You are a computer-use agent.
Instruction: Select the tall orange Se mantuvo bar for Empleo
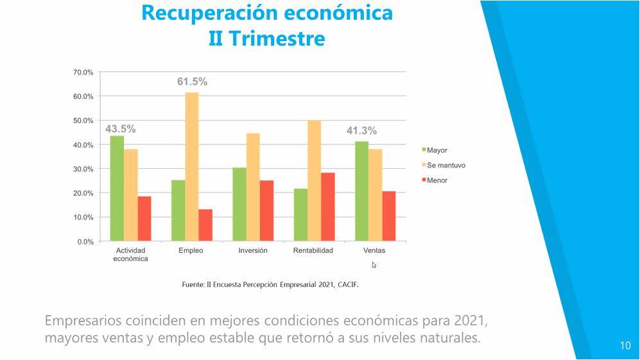tap(192, 167)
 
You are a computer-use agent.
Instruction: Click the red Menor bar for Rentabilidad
tap(327, 207)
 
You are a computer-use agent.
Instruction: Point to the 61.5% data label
tap(192, 82)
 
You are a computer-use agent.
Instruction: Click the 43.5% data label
tap(120, 129)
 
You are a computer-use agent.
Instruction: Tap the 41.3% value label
tap(361, 131)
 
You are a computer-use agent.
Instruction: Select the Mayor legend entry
tap(437, 150)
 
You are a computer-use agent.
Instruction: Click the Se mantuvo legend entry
tap(445, 166)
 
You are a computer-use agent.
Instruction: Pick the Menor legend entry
tap(437, 180)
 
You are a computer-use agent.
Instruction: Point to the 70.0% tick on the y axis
tap(83, 73)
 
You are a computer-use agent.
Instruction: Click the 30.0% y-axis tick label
tap(83, 169)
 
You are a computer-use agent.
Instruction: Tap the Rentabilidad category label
tap(313, 251)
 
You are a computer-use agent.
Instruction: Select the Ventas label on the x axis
tap(375, 251)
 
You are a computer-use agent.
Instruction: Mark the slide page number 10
tap(625, 346)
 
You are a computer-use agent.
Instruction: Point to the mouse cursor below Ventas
tap(374, 264)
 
